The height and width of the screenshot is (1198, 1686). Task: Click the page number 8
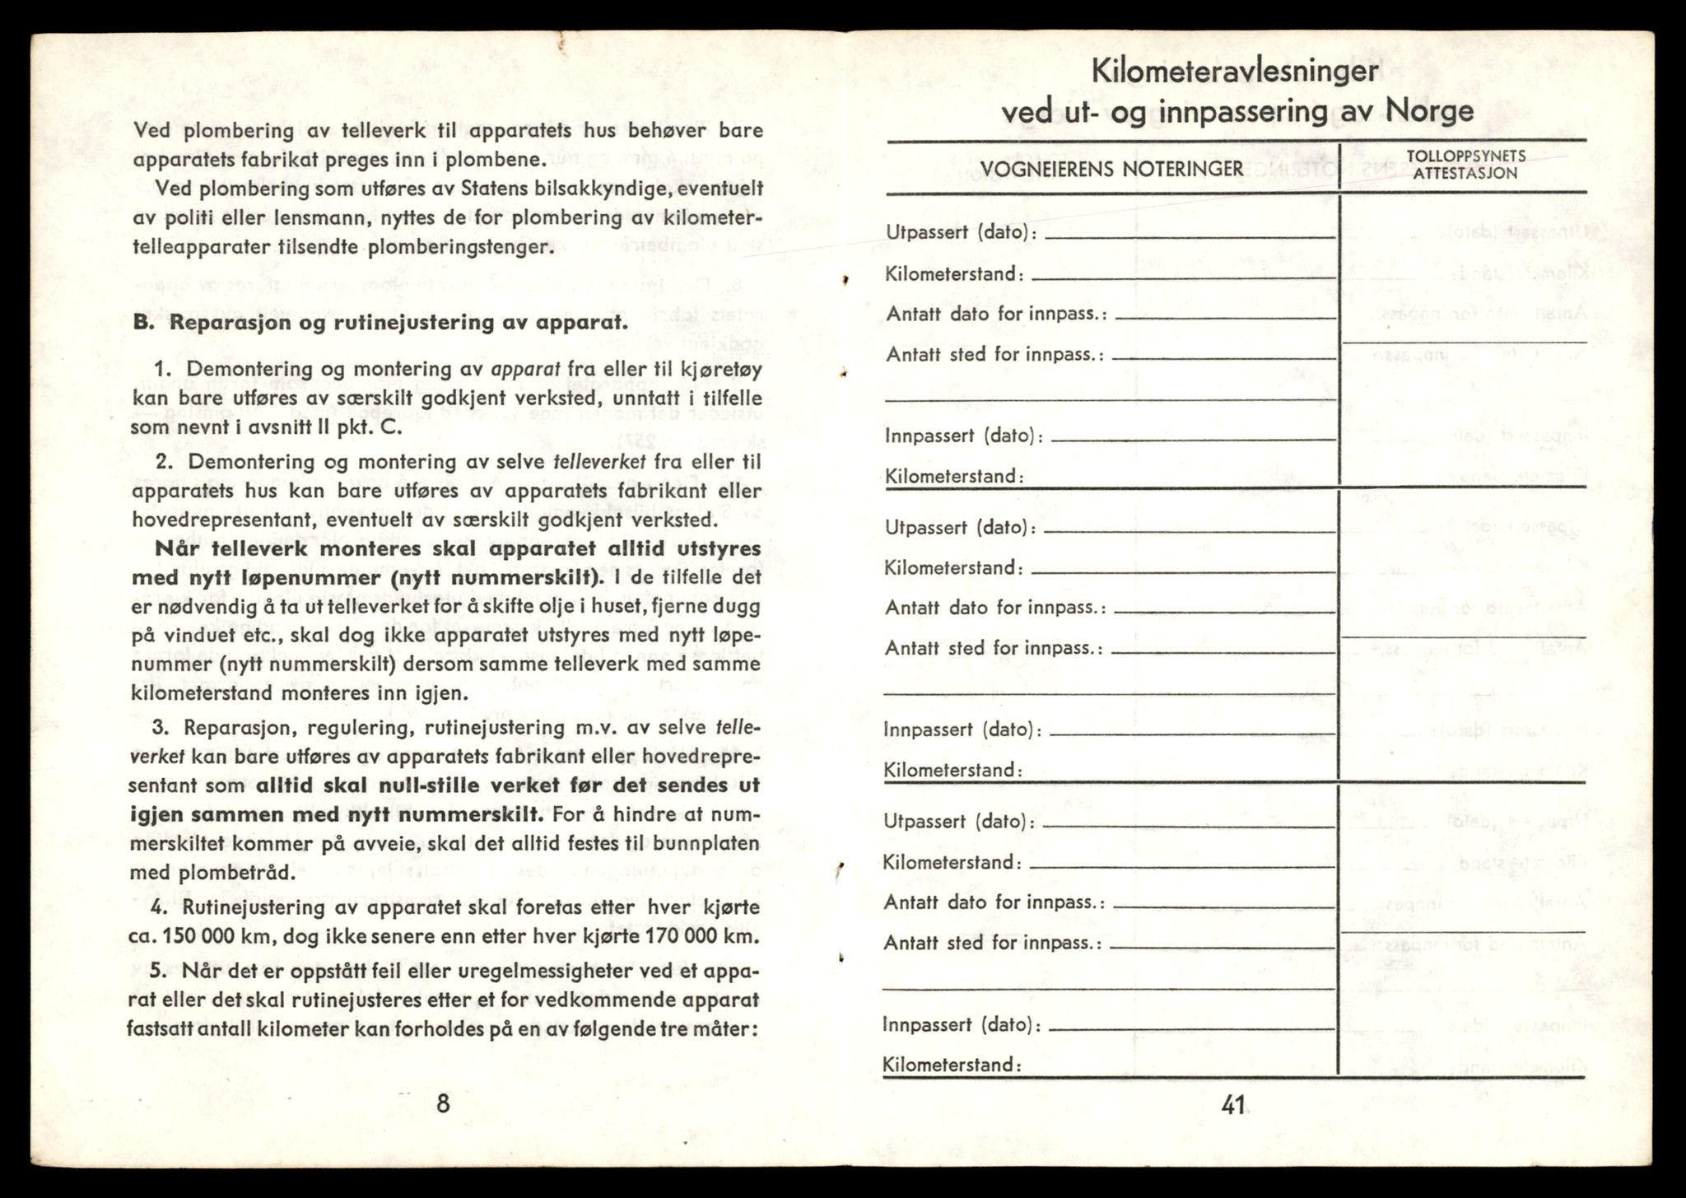443,1103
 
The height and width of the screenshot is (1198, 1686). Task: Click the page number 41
1232,1106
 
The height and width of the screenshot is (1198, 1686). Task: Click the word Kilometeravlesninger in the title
1235,71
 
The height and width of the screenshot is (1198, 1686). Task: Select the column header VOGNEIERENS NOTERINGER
1111,170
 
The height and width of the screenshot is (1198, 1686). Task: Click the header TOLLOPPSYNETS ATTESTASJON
1465,165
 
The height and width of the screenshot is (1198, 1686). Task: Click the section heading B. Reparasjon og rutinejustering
380,322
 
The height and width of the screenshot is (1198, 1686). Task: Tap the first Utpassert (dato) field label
961,233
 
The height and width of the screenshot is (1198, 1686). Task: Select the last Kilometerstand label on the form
952,1065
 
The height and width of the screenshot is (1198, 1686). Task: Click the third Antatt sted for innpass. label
992,943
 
